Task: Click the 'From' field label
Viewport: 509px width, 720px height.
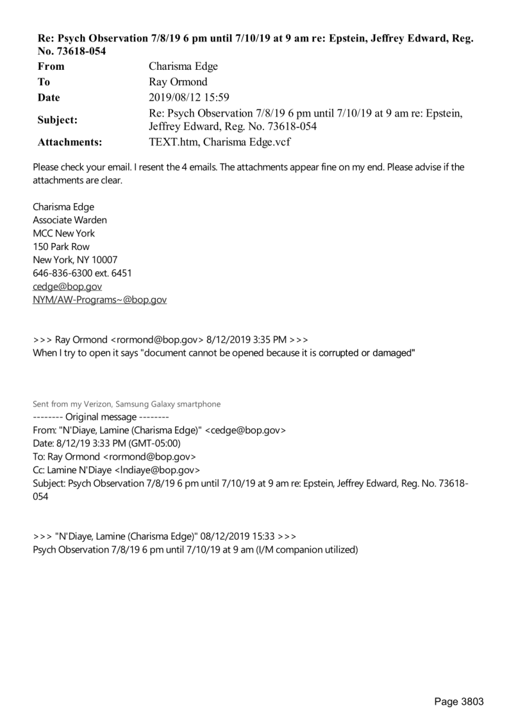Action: pyautogui.click(x=51, y=66)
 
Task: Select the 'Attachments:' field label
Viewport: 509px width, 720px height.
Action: pyautogui.click(x=70, y=142)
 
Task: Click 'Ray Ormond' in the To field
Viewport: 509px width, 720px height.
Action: pyautogui.click(x=176, y=82)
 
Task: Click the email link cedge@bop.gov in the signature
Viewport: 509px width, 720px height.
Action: pyautogui.click(x=67, y=287)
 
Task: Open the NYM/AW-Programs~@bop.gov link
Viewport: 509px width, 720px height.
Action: pyautogui.click(x=99, y=299)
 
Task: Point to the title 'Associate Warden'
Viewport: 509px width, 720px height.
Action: pyautogui.click(x=70, y=220)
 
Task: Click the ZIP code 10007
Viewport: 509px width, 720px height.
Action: pyautogui.click(x=104, y=260)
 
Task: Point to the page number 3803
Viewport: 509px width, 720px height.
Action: pyautogui.click(x=471, y=701)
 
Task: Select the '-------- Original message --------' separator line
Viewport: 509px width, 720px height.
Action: pyautogui.click(x=101, y=417)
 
